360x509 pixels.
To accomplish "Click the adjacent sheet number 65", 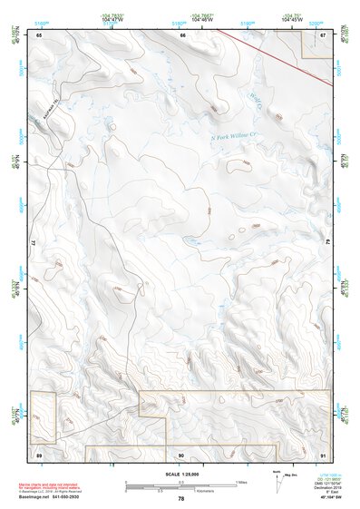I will click(39, 34).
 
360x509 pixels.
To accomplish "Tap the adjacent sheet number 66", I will click(182, 34).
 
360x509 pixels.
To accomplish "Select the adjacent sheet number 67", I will click(325, 34).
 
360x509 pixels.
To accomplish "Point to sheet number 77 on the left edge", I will click(33, 243).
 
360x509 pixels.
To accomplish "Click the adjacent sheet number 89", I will click(39, 453).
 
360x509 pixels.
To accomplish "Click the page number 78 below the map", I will click(180, 498).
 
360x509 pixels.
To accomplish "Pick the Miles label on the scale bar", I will click(240, 481).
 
